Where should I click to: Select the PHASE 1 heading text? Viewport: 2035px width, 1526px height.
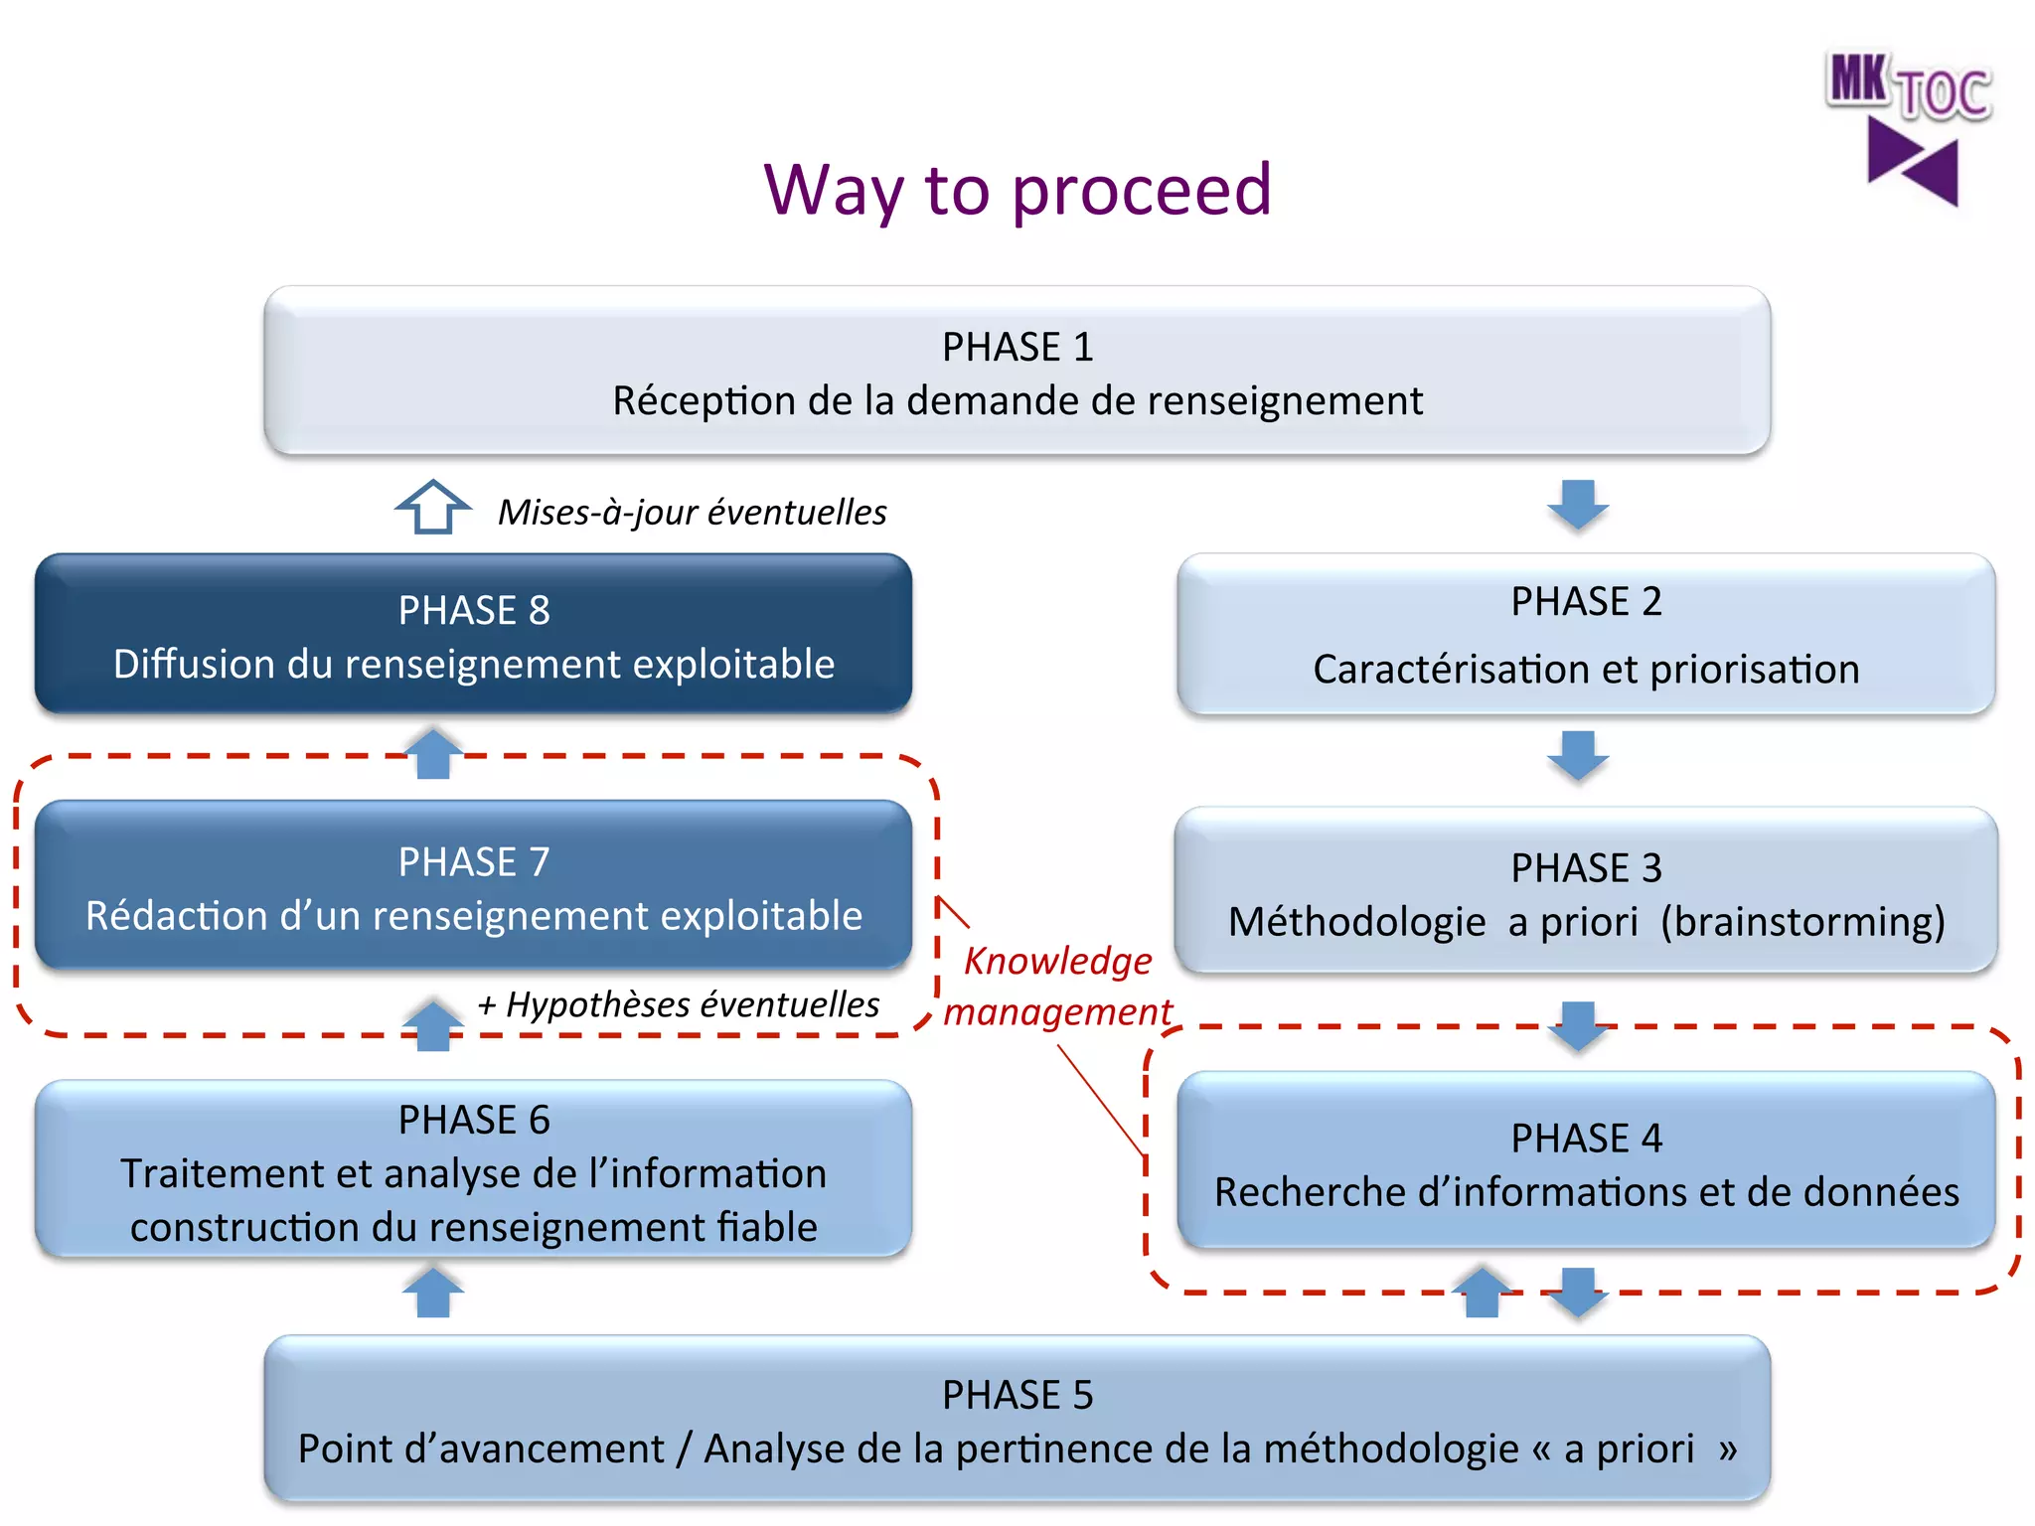(x=1017, y=347)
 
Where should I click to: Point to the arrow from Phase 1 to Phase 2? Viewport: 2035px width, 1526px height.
(x=1578, y=505)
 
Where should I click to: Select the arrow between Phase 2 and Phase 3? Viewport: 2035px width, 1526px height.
(x=1578, y=756)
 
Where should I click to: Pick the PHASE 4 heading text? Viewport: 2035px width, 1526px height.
(x=1586, y=1139)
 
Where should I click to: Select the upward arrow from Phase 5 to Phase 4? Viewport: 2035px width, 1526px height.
(x=1482, y=1293)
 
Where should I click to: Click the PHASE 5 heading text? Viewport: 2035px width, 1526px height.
(x=1017, y=1395)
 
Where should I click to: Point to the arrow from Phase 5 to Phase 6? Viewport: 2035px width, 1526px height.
(x=433, y=1293)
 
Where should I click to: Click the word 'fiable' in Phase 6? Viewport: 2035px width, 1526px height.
(x=767, y=1228)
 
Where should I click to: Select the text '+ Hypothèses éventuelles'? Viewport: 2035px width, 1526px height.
(x=678, y=1004)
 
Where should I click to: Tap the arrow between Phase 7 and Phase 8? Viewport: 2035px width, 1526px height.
(x=433, y=754)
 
